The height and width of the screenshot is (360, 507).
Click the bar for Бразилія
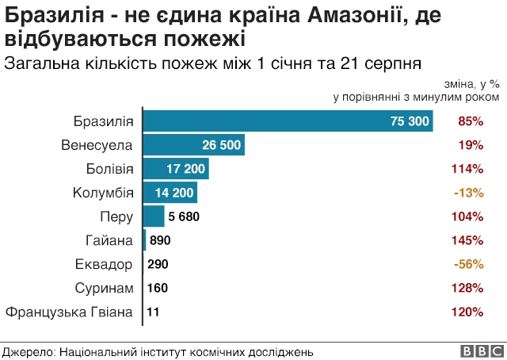(x=288, y=121)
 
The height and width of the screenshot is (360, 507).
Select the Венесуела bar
(x=193, y=145)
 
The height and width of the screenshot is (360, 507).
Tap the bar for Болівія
(x=175, y=169)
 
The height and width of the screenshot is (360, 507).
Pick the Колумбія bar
(x=170, y=193)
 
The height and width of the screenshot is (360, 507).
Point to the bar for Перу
(x=153, y=216)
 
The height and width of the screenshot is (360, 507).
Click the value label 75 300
(x=410, y=121)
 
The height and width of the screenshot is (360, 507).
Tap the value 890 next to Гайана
(x=160, y=240)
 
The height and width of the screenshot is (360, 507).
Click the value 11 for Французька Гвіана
(x=154, y=312)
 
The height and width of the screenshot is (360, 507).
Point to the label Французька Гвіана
(x=70, y=312)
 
